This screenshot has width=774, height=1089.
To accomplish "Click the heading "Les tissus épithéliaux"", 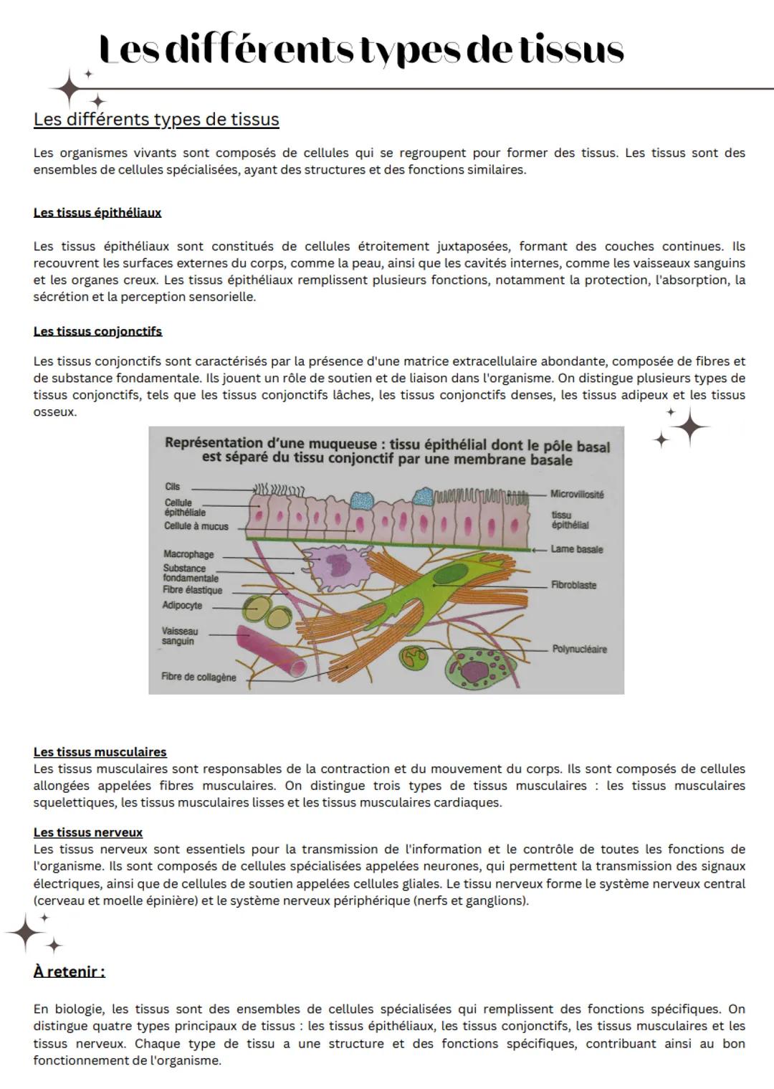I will coord(97,213).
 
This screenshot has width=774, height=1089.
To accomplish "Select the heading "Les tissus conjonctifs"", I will coord(97,331).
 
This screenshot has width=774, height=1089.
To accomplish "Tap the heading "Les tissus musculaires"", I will coord(100,752).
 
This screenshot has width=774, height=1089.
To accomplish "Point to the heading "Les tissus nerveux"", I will coord(88,832).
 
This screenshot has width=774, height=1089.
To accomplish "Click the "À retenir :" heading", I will coord(70,972).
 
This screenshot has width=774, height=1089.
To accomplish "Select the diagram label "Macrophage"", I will coord(188,554).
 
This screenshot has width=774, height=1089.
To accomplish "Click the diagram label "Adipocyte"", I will coord(182,606).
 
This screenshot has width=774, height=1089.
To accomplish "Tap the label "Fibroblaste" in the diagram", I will coord(573,585).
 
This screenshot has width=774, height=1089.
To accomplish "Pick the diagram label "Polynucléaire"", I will coord(579,650).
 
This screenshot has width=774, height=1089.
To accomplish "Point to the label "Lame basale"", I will coord(576,550).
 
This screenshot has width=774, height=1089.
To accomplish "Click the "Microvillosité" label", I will coord(577,495).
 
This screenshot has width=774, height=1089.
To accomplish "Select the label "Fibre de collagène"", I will coord(199,677).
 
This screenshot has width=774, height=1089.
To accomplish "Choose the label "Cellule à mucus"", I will coord(196,526).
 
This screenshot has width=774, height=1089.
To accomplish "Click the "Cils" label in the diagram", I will coord(172,487).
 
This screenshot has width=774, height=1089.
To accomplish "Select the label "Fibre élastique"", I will coord(192,591).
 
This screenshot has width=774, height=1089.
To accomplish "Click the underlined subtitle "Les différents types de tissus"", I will coord(156,119).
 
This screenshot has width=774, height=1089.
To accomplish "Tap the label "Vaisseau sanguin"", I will coord(179,637).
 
